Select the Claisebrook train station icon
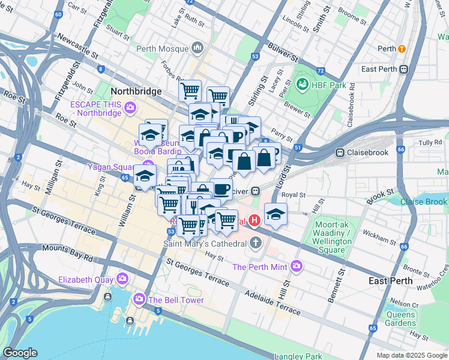[x=340, y=152]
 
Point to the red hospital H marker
[x=254, y=221]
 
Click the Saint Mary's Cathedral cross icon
[x=256, y=244]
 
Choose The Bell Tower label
[x=176, y=300]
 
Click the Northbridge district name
[x=136, y=91]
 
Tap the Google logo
[x=20, y=352]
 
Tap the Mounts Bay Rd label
[x=71, y=253]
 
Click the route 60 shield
[x=58, y=14]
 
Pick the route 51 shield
[x=297, y=148]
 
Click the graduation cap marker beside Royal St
[x=276, y=214]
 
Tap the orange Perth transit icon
[x=402, y=49]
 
